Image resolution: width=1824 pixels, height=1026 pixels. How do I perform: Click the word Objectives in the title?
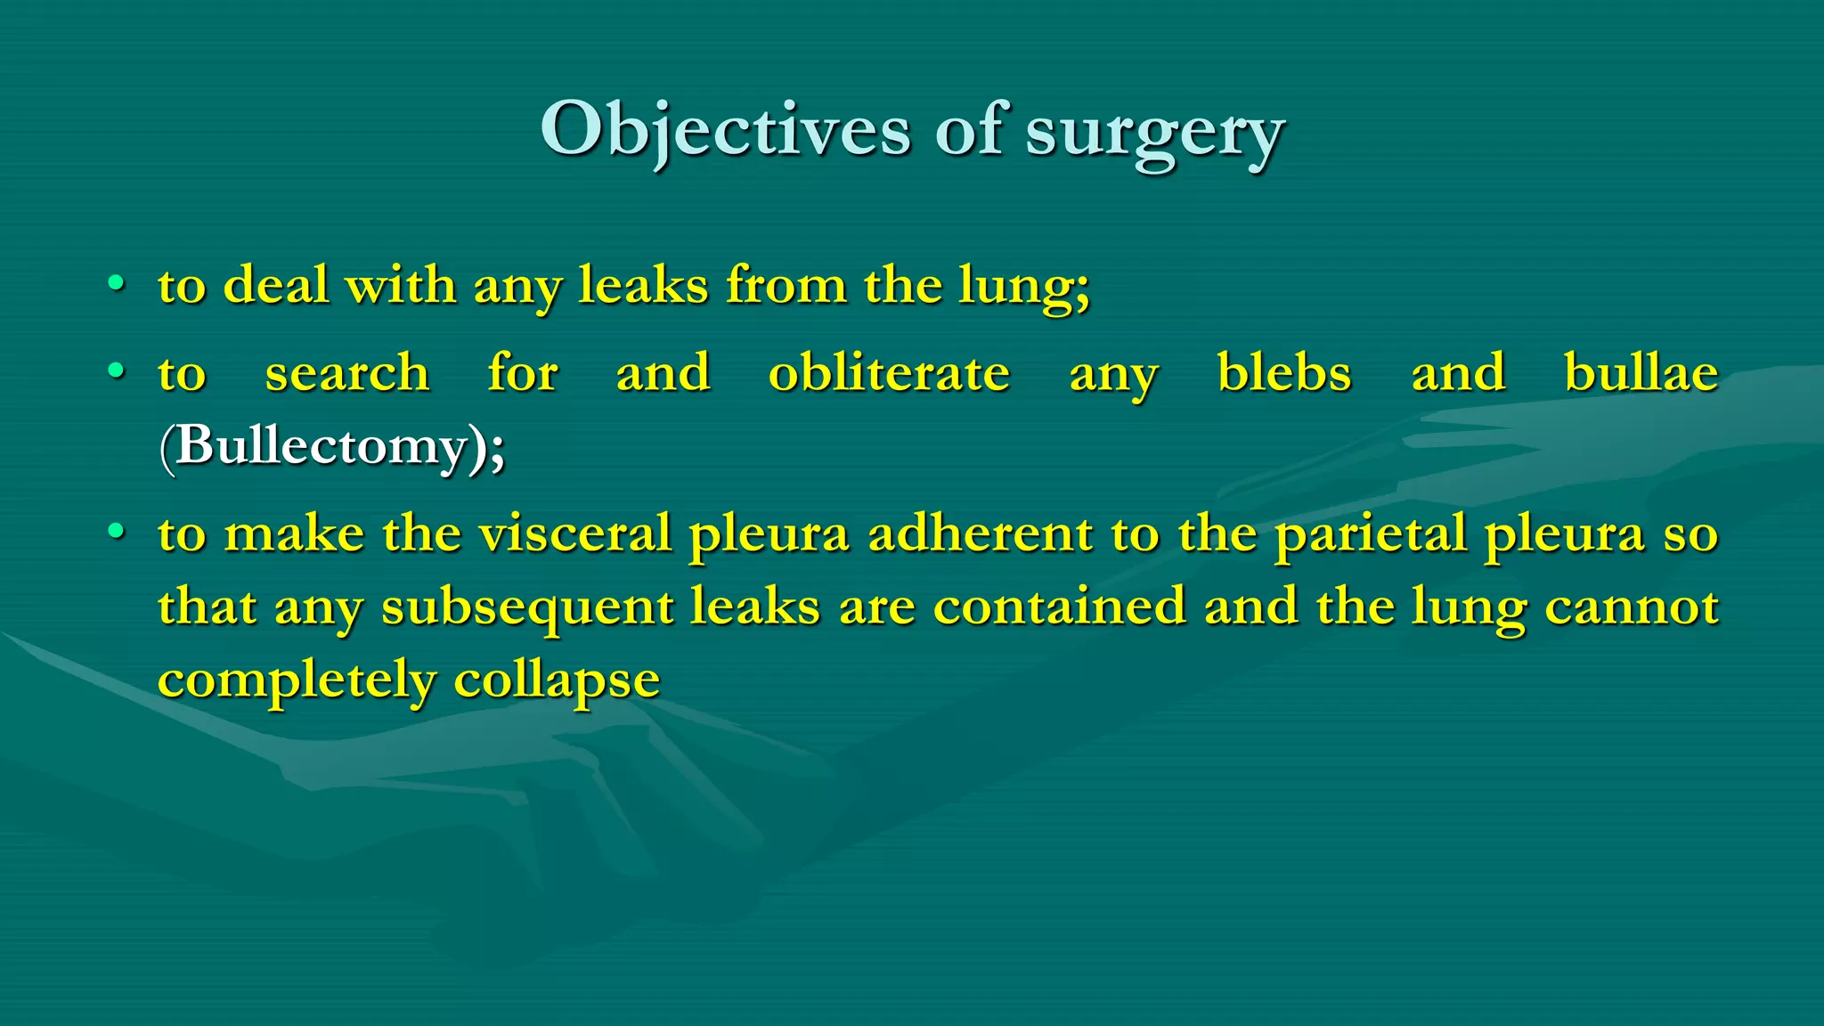point(725,132)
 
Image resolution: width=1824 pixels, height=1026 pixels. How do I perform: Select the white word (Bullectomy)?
point(332,445)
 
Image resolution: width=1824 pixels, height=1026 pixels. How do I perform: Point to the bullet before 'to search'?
point(116,370)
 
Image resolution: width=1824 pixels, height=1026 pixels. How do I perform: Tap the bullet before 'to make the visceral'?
point(116,532)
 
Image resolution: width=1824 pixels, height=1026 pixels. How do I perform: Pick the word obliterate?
point(889,372)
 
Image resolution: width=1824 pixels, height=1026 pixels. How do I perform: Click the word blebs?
point(1283,372)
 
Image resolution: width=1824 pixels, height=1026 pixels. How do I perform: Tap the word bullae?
point(1641,372)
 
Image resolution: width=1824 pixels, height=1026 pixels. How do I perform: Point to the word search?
point(347,372)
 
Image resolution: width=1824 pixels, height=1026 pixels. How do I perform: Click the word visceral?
point(574,533)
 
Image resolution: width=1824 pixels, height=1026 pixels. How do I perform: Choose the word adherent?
point(980,533)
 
